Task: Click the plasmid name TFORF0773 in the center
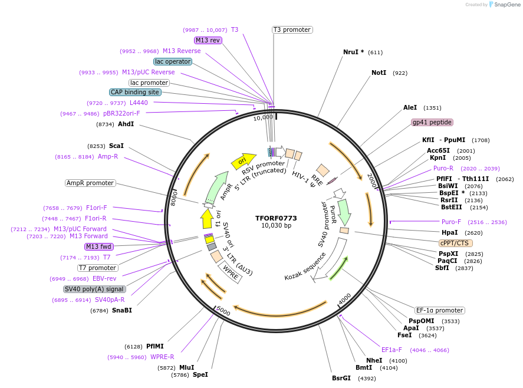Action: (x=276, y=218)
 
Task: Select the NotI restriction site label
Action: (x=379, y=73)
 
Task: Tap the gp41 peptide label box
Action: (x=432, y=122)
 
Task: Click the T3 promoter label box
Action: (x=292, y=29)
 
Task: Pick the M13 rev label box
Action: (x=208, y=40)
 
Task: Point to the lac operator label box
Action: (x=172, y=61)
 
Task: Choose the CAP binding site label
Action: (x=135, y=92)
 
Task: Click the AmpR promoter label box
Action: (x=90, y=183)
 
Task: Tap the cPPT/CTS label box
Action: (x=456, y=242)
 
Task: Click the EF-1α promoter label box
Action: (x=439, y=310)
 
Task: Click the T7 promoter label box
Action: (x=97, y=268)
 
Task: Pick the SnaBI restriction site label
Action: (x=121, y=310)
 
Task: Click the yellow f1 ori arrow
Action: (x=207, y=219)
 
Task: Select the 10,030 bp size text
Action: (x=276, y=226)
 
